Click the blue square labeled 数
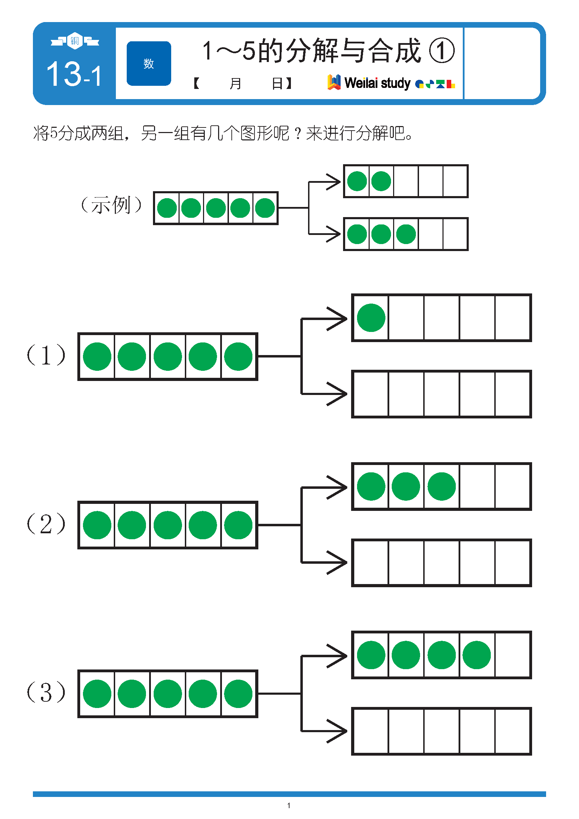coord(149,63)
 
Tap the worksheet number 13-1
coord(74,74)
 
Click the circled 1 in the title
coord(441,51)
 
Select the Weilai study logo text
coord(377,83)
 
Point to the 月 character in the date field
coord(235,83)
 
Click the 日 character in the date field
coord(277,83)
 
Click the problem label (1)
coord(46,355)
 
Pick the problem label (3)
coord(46,692)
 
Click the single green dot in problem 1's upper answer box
coord(371,318)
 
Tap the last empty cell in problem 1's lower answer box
coord(513,394)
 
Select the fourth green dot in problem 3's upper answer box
coord(477,655)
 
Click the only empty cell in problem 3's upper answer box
coord(513,655)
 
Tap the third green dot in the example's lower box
coord(406,234)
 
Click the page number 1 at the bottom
coord(289,805)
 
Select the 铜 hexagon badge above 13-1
coord(75,41)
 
